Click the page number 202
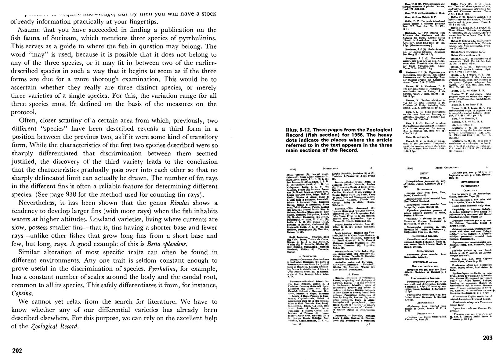pyautogui.click(x=17, y=351)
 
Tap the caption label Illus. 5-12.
pyautogui.click(x=299, y=130)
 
